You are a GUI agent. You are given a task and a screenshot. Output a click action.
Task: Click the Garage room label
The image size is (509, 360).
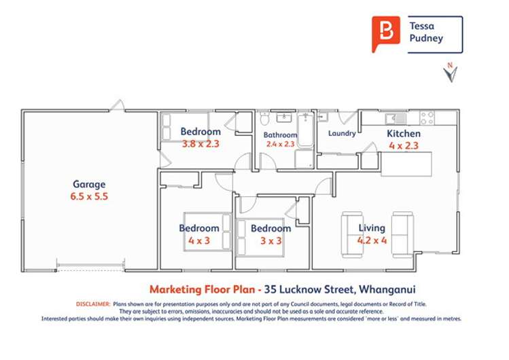(90, 184)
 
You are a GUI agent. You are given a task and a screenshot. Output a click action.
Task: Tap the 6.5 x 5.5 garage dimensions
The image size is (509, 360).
(90, 196)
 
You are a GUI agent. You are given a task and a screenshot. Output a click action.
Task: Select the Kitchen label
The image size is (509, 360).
(404, 134)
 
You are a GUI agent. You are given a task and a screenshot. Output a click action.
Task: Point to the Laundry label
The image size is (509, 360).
(342, 134)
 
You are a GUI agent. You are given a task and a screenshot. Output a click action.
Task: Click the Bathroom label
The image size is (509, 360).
(280, 135)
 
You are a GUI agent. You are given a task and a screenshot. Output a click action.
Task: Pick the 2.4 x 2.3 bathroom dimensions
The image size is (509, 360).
(280, 144)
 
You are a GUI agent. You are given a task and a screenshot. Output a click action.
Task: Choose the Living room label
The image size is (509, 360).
(372, 228)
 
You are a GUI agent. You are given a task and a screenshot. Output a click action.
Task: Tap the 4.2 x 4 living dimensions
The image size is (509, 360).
(372, 240)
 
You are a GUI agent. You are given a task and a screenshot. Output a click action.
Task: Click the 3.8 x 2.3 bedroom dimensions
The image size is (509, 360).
(200, 143)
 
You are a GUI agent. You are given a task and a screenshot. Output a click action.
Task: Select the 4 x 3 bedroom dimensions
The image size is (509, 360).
(199, 240)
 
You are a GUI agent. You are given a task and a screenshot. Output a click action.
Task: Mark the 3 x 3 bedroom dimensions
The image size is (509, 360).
(270, 240)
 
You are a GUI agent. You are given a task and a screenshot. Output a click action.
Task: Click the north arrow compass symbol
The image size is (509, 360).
(449, 73)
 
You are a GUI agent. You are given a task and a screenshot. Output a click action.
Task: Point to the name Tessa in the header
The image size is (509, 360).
(422, 26)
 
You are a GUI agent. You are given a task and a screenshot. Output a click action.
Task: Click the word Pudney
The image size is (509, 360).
(426, 38)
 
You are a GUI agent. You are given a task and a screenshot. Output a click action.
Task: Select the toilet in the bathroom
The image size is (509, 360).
(265, 120)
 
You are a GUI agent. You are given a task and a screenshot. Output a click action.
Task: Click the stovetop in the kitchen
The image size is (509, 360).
(427, 118)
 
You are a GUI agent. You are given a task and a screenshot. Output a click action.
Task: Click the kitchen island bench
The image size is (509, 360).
(406, 162)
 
